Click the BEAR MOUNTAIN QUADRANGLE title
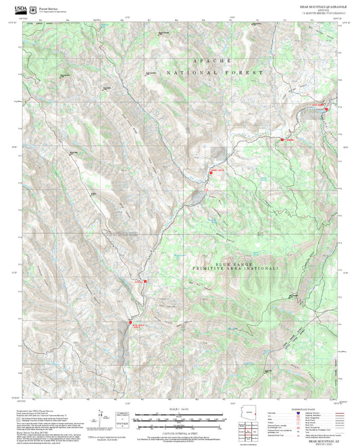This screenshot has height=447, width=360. [x=320, y=5]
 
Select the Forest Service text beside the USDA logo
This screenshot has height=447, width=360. [x=48, y=5]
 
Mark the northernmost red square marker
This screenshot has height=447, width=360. [x=327, y=105]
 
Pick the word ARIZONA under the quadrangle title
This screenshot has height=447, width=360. [x=320, y=9]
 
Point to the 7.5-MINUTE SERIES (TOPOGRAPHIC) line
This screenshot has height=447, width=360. [x=320, y=13]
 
